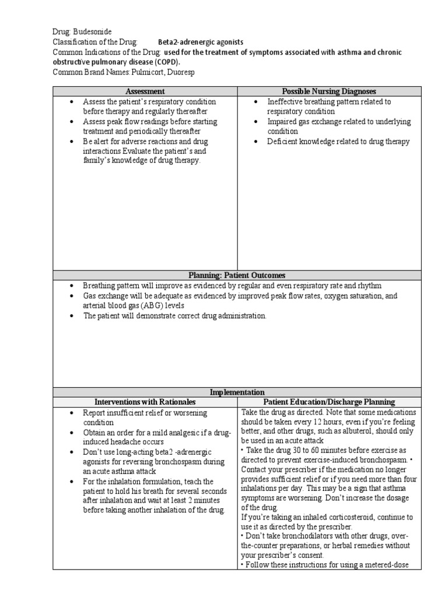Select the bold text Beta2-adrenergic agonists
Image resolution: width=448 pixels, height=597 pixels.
(201, 43)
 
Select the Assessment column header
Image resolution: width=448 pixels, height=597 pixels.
(145, 92)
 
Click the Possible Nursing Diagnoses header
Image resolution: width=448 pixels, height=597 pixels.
(329, 92)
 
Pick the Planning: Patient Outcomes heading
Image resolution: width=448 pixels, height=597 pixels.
(236, 275)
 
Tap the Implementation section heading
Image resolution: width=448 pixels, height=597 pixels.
(236, 392)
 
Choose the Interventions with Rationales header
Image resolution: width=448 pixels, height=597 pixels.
(145, 402)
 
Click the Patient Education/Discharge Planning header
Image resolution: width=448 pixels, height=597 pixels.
(329, 402)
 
